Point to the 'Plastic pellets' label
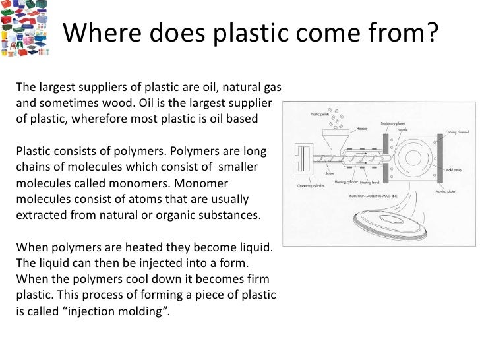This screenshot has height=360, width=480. (322, 113)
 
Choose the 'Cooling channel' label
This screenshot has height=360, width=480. (458, 132)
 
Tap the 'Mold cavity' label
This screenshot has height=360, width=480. (454, 170)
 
